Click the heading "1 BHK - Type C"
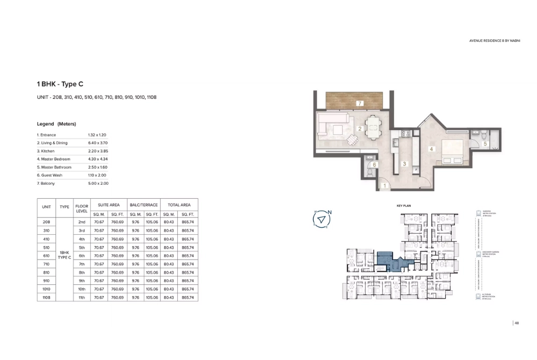point(60,84)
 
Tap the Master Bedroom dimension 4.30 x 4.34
point(98,159)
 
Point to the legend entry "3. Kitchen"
point(47,151)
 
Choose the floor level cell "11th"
point(82,297)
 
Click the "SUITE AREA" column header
point(108,205)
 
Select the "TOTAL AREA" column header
point(179,205)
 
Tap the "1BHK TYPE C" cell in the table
point(64,256)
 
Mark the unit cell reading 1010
point(47,289)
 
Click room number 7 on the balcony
point(360,103)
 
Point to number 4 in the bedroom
point(431,149)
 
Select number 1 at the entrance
point(384,186)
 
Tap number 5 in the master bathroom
point(485,143)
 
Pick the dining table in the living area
point(374,128)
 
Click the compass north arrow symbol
point(321,219)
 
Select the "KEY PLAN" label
point(403,206)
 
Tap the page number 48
point(517,323)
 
